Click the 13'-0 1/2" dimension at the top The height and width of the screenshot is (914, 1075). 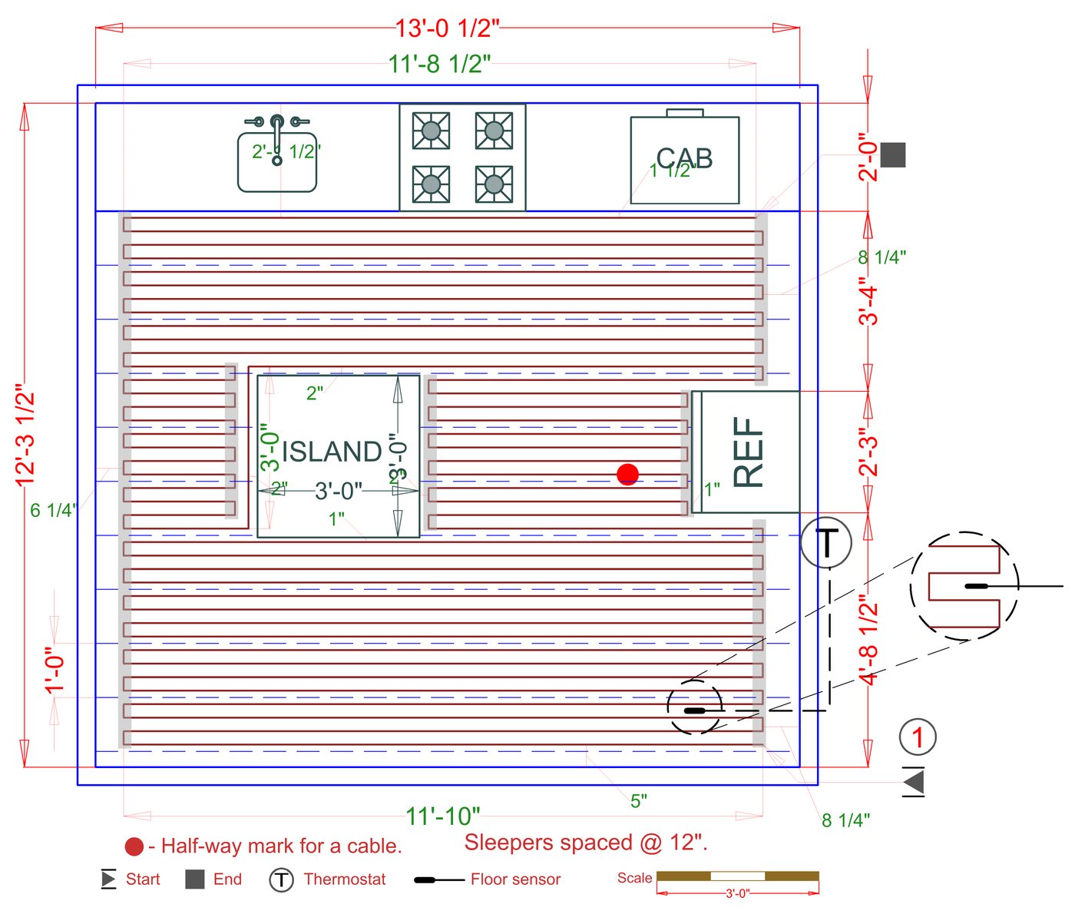[x=447, y=28]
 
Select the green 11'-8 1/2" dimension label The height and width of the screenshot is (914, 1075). [x=439, y=64]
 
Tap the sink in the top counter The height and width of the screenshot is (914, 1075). [x=277, y=160]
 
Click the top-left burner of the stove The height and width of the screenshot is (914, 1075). [x=431, y=131]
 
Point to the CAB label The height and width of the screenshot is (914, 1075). [x=684, y=159]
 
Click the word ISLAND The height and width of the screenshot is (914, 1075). [x=332, y=452]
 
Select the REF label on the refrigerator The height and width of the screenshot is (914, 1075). [x=748, y=452]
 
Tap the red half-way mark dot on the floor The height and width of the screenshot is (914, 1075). [x=627, y=475]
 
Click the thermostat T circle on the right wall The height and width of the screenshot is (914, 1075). [x=825, y=543]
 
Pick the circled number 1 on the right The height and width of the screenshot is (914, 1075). [x=918, y=737]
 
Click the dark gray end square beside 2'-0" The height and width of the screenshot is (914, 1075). [x=893, y=155]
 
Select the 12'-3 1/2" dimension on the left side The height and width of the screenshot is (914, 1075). [x=25, y=438]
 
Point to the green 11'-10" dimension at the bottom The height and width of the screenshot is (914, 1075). [x=443, y=816]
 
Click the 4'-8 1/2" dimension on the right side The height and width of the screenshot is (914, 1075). [x=868, y=639]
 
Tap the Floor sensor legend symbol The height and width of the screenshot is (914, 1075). [x=438, y=879]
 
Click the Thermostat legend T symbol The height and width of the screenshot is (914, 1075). [x=282, y=879]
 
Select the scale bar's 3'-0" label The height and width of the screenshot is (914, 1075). [x=737, y=893]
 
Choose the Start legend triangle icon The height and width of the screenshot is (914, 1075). [x=108, y=879]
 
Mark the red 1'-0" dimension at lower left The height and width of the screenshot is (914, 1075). [x=55, y=670]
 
